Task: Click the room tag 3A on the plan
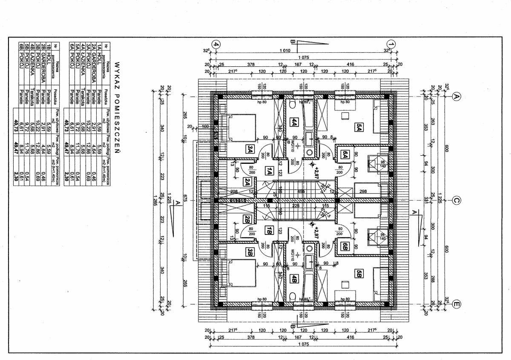250,149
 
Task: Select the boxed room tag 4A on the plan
293,122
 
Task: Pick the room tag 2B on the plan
247,220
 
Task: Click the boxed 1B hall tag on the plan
269,231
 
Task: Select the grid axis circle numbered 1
391,44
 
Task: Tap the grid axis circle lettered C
456,201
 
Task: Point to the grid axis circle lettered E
456,304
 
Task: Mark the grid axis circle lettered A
456,97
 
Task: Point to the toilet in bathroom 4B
293,296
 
